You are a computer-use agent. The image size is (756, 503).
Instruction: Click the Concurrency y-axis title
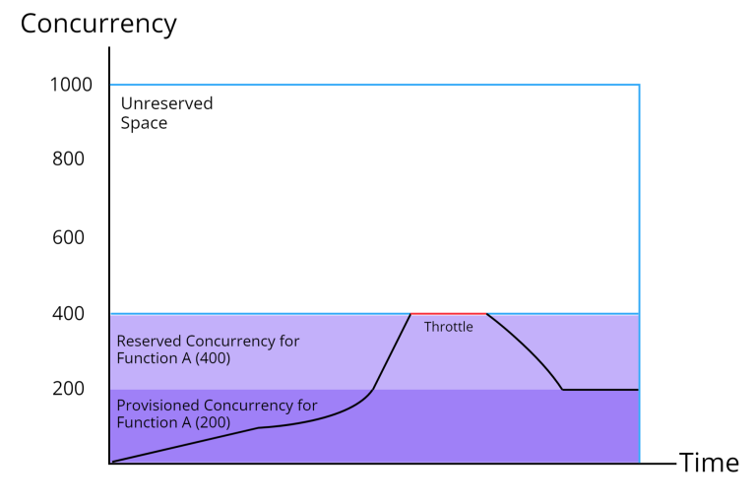click(98, 24)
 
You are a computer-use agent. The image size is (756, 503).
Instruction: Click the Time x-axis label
click(709, 463)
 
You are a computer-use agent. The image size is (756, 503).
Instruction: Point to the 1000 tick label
click(71, 85)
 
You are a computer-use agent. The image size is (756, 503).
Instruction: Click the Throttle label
click(448, 327)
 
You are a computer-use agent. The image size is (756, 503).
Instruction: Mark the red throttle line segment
click(448, 313)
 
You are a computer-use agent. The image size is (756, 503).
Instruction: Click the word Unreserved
click(166, 103)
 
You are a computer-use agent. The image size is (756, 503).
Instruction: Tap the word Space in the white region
click(144, 123)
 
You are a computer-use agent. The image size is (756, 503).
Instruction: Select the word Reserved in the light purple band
click(148, 341)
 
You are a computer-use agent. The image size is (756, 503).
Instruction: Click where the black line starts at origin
click(112, 461)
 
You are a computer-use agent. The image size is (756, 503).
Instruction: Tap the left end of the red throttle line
click(411, 313)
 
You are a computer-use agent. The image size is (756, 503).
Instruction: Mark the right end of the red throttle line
click(486, 313)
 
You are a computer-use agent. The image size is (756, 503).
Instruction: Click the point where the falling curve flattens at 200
click(562, 390)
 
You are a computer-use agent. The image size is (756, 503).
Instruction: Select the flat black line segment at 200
click(600, 390)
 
